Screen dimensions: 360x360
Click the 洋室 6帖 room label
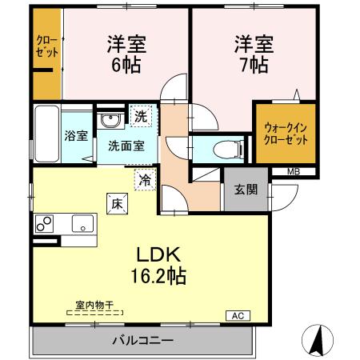click(126, 54)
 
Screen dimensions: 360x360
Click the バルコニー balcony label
click(142, 340)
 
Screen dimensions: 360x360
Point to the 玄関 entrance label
click(246, 190)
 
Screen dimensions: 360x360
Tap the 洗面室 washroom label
click(126, 146)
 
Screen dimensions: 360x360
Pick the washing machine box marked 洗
click(141, 117)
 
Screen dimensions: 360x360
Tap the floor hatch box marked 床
click(114, 204)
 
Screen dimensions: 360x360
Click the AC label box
click(238, 315)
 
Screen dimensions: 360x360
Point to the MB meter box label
click(294, 170)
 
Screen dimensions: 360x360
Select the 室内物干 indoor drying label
click(94, 305)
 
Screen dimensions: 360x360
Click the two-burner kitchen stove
click(43, 223)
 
